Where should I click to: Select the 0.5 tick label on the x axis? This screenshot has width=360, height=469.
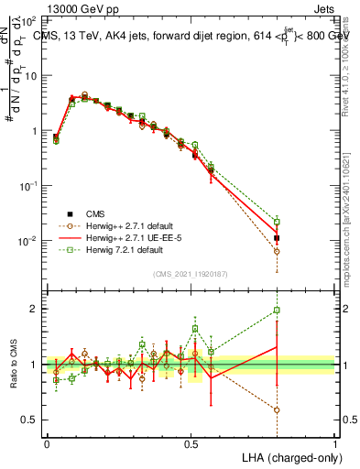(191, 442)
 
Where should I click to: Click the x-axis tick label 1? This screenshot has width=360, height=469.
(335, 442)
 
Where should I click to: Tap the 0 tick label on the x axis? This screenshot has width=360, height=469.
(47, 442)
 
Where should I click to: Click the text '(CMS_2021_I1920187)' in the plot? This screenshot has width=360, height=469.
(191, 272)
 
